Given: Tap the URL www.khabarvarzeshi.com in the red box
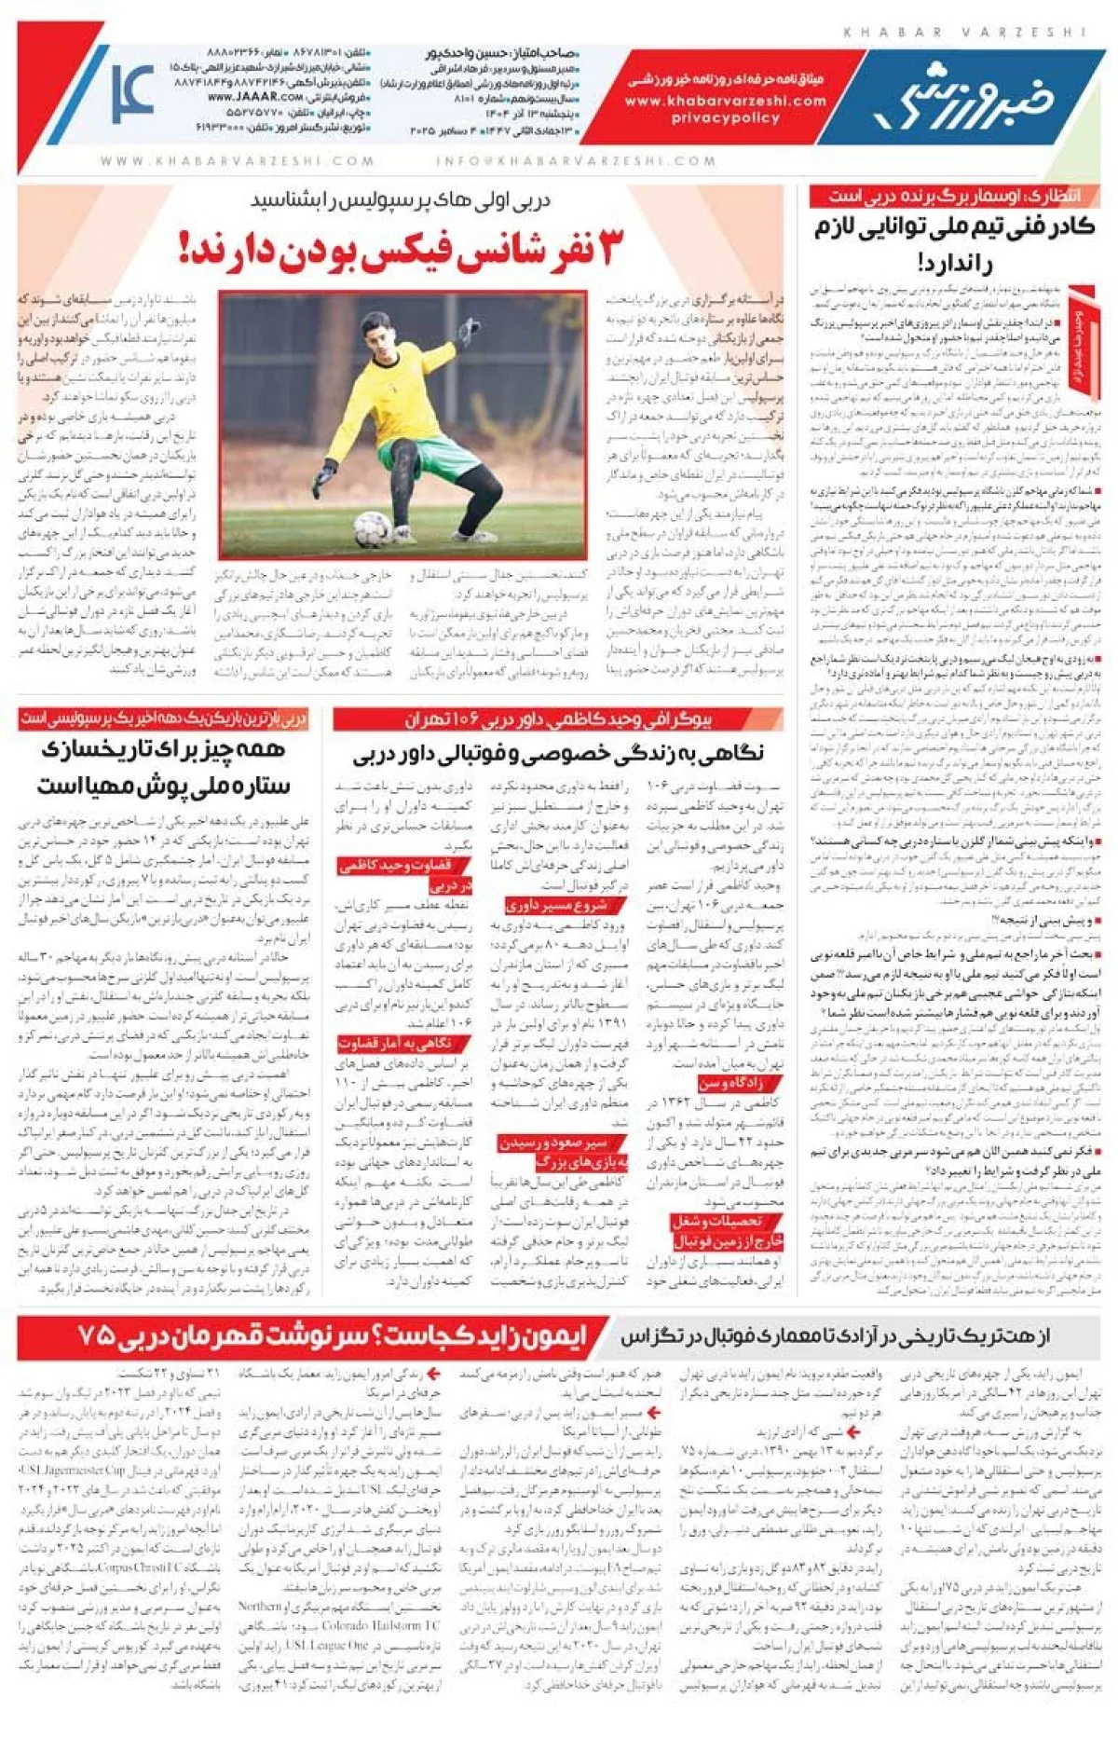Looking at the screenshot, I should point(725,101).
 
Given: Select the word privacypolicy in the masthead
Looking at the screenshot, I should point(725,118).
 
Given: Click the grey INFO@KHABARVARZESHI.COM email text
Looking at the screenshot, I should point(576,161).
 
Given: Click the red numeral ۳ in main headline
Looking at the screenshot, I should point(607,248).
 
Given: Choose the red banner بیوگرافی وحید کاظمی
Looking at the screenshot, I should point(557,719).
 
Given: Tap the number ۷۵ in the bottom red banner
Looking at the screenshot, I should point(96,1335).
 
